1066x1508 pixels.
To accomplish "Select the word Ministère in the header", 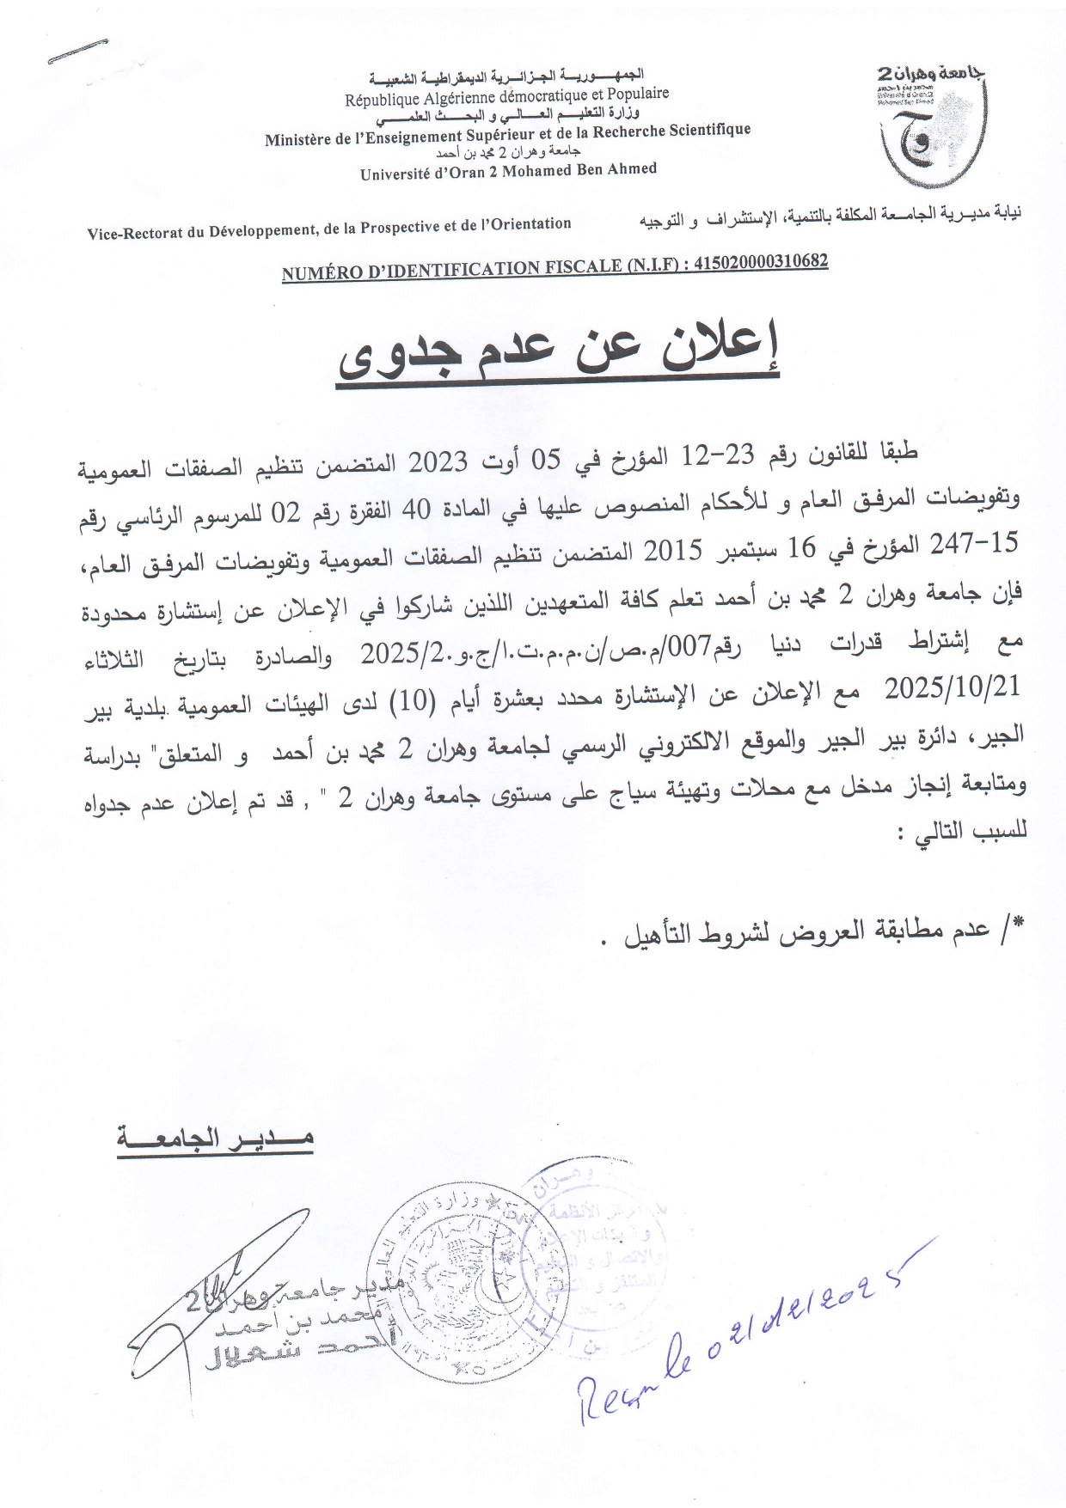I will [297, 138].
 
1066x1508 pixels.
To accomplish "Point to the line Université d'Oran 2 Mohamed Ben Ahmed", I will [508, 171].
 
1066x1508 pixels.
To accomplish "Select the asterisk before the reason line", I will [1019, 925].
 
